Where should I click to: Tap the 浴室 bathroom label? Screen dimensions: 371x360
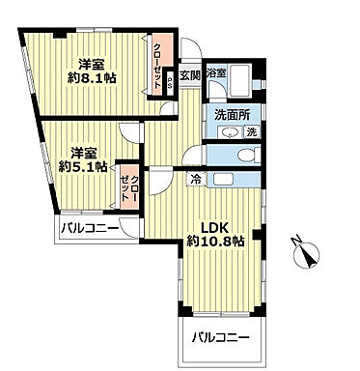pos(215,72)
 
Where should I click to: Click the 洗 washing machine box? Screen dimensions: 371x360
pos(251,131)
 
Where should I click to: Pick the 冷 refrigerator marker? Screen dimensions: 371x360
pos(196,178)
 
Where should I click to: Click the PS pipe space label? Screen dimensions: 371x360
pos(170,82)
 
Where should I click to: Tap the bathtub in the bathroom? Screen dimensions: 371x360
pos(243,80)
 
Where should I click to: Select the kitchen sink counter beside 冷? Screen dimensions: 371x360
pos(233,178)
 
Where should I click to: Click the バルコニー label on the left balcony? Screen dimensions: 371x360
pos(89,230)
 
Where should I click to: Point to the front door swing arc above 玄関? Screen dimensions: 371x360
pos(192,53)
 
